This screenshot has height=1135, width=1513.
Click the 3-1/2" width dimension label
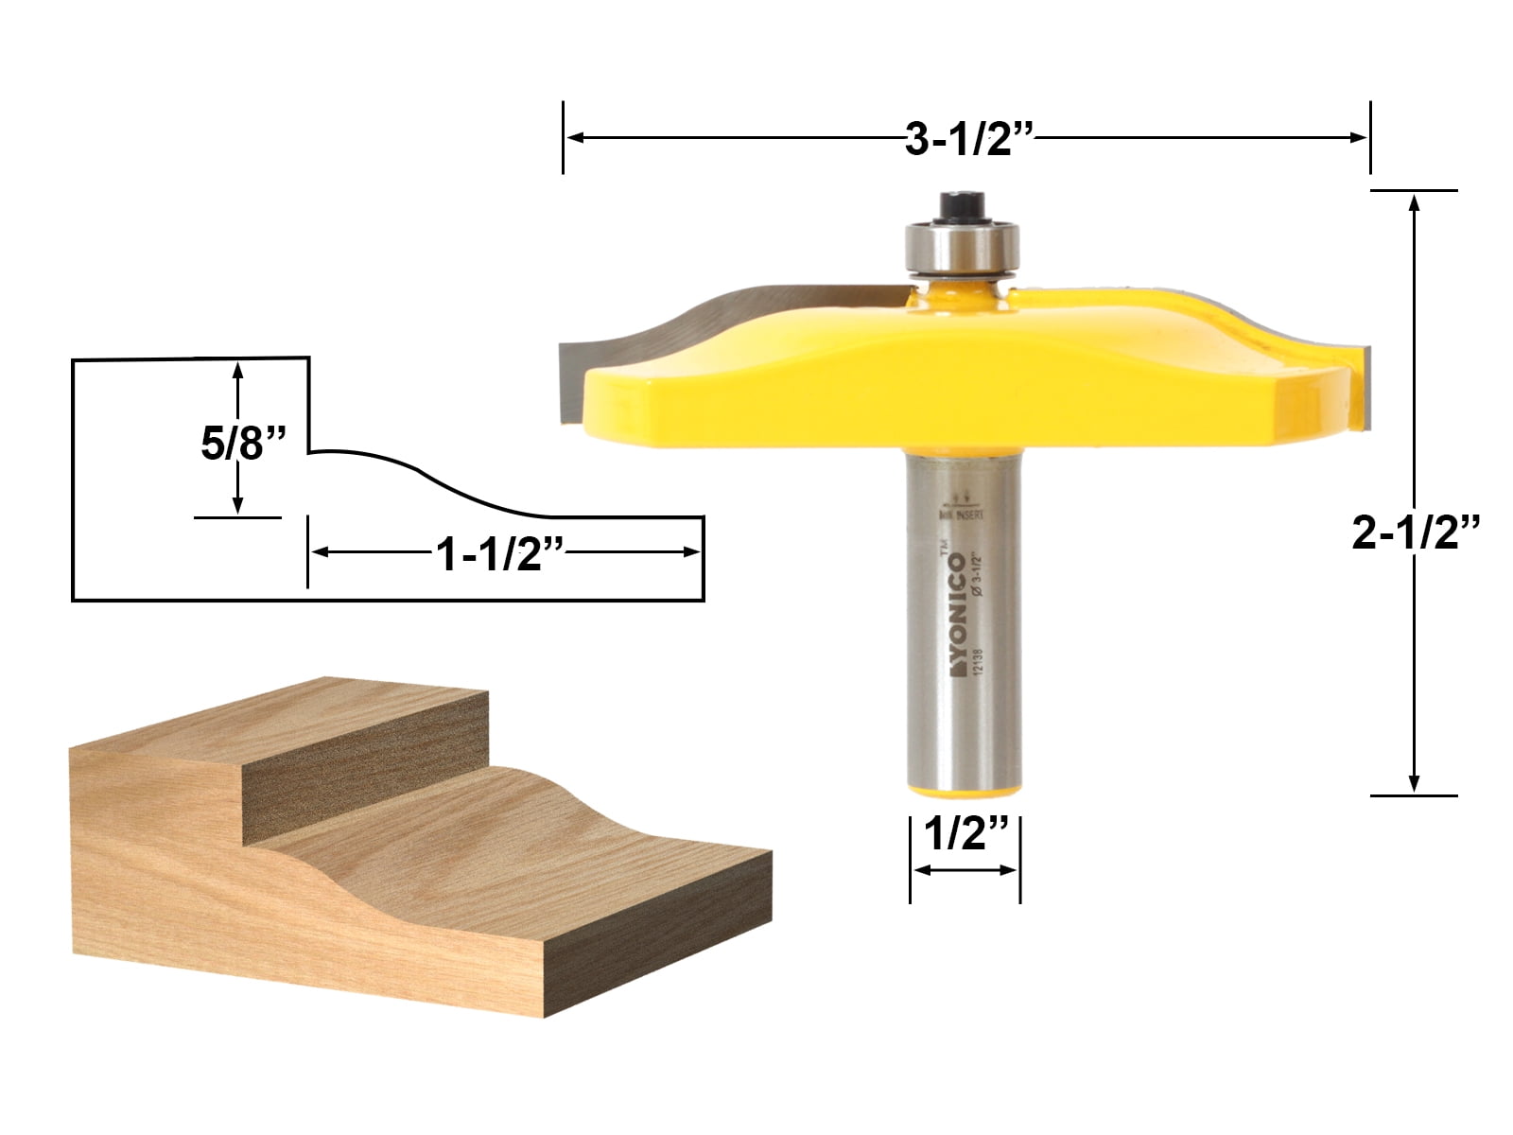(x=967, y=141)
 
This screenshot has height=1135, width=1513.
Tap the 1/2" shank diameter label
(x=965, y=835)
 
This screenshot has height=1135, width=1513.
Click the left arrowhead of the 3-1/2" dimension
(x=573, y=138)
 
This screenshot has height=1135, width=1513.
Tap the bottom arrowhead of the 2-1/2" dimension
(x=1415, y=783)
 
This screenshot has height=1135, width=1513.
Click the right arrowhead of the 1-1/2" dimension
(x=694, y=552)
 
